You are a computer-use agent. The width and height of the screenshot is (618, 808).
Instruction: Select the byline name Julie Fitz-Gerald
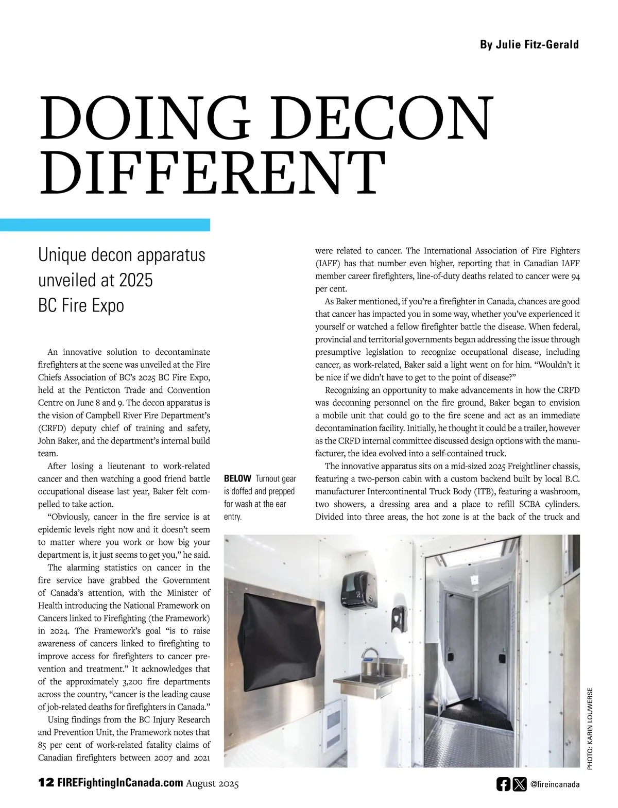coord(529,45)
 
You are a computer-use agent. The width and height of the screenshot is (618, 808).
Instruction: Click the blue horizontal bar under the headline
coord(105,225)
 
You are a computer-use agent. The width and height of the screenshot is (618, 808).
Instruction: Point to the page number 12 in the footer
coord(46,783)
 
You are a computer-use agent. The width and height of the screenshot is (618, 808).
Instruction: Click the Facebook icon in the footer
coord(503,784)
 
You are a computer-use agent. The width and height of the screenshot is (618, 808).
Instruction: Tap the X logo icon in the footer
coord(520,784)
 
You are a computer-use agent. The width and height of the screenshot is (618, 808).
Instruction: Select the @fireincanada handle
coord(555,784)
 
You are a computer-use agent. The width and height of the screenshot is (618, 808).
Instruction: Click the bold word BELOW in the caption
coord(237,479)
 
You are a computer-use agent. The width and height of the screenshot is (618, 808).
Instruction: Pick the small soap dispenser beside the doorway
coord(397,615)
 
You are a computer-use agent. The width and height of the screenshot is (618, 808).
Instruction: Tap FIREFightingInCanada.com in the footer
coord(120,783)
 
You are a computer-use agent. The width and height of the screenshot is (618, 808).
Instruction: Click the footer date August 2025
coord(213,784)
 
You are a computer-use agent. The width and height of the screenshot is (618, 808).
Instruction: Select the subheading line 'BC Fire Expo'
coord(81,305)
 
